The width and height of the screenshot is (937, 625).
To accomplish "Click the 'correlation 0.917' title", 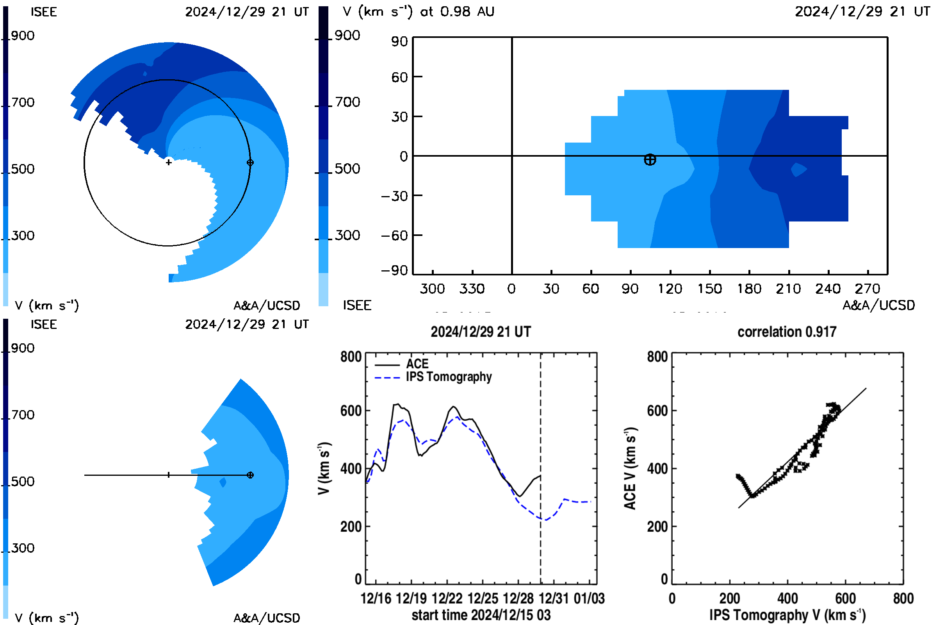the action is pos(786,332).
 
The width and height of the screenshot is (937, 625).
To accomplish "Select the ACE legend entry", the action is pos(402,364).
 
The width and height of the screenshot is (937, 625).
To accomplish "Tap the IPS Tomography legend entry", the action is pos(433,377).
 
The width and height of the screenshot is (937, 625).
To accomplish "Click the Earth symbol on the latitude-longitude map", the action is pos(650,160).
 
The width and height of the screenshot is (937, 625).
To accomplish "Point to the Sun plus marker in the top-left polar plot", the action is pos(169,162).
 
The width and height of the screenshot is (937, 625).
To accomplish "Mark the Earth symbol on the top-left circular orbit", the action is pos(250,162).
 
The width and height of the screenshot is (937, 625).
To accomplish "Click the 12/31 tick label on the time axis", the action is pos(554,598).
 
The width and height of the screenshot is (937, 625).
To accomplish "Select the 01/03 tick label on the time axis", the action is pos(589,598).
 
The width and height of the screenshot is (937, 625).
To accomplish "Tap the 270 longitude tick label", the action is pos(868,289).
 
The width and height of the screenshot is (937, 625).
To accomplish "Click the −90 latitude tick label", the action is pos(394,270).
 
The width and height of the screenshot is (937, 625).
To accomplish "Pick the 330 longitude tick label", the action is pos(472,289).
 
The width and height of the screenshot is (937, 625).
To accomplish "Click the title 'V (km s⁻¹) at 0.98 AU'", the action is pos(418,11).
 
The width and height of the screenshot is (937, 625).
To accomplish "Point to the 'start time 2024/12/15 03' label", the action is pos(481,615).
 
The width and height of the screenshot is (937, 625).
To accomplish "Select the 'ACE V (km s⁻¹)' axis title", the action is pos(630,468).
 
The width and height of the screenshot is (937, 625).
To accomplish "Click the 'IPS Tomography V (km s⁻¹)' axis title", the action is pos(787,615).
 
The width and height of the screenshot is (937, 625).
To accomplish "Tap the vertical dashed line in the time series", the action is pos(541,468).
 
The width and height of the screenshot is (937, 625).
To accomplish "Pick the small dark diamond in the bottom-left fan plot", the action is pos(223,482).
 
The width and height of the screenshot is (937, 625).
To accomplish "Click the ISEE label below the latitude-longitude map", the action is pos(357,305).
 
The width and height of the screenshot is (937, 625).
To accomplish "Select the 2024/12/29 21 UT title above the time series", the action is pos(481,332).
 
